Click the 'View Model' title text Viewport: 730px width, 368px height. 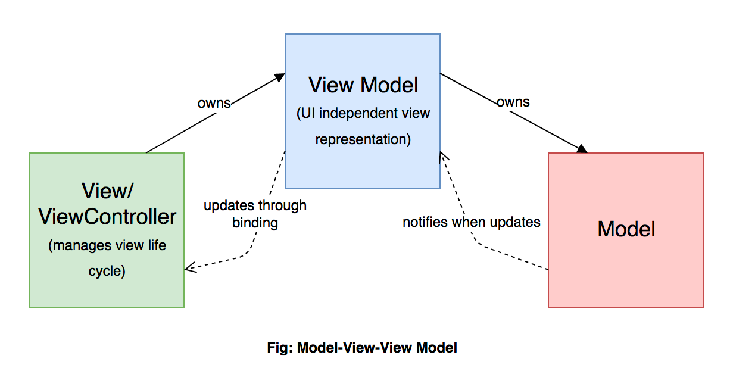[363, 85]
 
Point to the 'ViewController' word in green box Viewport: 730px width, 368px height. [107, 216]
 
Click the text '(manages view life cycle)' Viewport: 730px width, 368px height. [107, 258]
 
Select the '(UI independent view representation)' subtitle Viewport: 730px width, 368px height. [363, 126]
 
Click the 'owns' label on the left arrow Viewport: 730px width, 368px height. [214, 103]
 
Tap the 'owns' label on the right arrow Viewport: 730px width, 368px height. [513, 102]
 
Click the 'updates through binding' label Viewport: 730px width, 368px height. [255, 214]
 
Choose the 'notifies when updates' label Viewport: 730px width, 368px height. [471, 223]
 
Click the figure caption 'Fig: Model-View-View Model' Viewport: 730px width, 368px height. [362, 347]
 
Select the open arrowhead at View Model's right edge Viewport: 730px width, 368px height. [442, 156]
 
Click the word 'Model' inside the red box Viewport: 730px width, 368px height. [626, 229]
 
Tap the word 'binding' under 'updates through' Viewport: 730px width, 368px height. [255, 223]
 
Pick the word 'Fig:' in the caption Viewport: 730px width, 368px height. [280, 347]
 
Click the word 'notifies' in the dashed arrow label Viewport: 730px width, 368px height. [425, 223]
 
